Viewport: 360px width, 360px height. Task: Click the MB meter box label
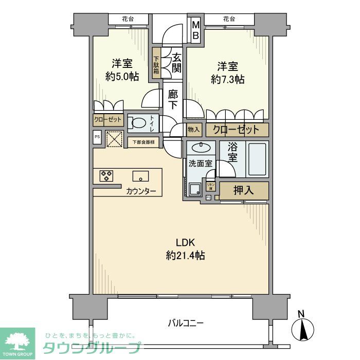pyautogui.click(x=195, y=30)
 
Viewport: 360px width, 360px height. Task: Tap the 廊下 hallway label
pyautogui.click(x=174, y=99)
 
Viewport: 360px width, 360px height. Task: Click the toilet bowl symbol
pyautogui.click(x=137, y=123)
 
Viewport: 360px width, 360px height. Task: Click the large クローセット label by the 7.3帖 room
pyautogui.click(x=237, y=130)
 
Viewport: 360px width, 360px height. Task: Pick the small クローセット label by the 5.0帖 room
pyautogui.click(x=108, y=119)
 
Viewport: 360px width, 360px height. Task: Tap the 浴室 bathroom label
pyautogui.click(x=232, y=153)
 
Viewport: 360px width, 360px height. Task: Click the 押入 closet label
pyautogui.click(x=244, y=190)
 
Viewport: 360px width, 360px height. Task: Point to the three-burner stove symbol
pyautogui.click(x=106, y=176)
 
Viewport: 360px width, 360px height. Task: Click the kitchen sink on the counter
pyautogui.click(x=140, y=176)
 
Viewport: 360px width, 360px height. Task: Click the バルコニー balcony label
pyautogui.click(x=186, y=323)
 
